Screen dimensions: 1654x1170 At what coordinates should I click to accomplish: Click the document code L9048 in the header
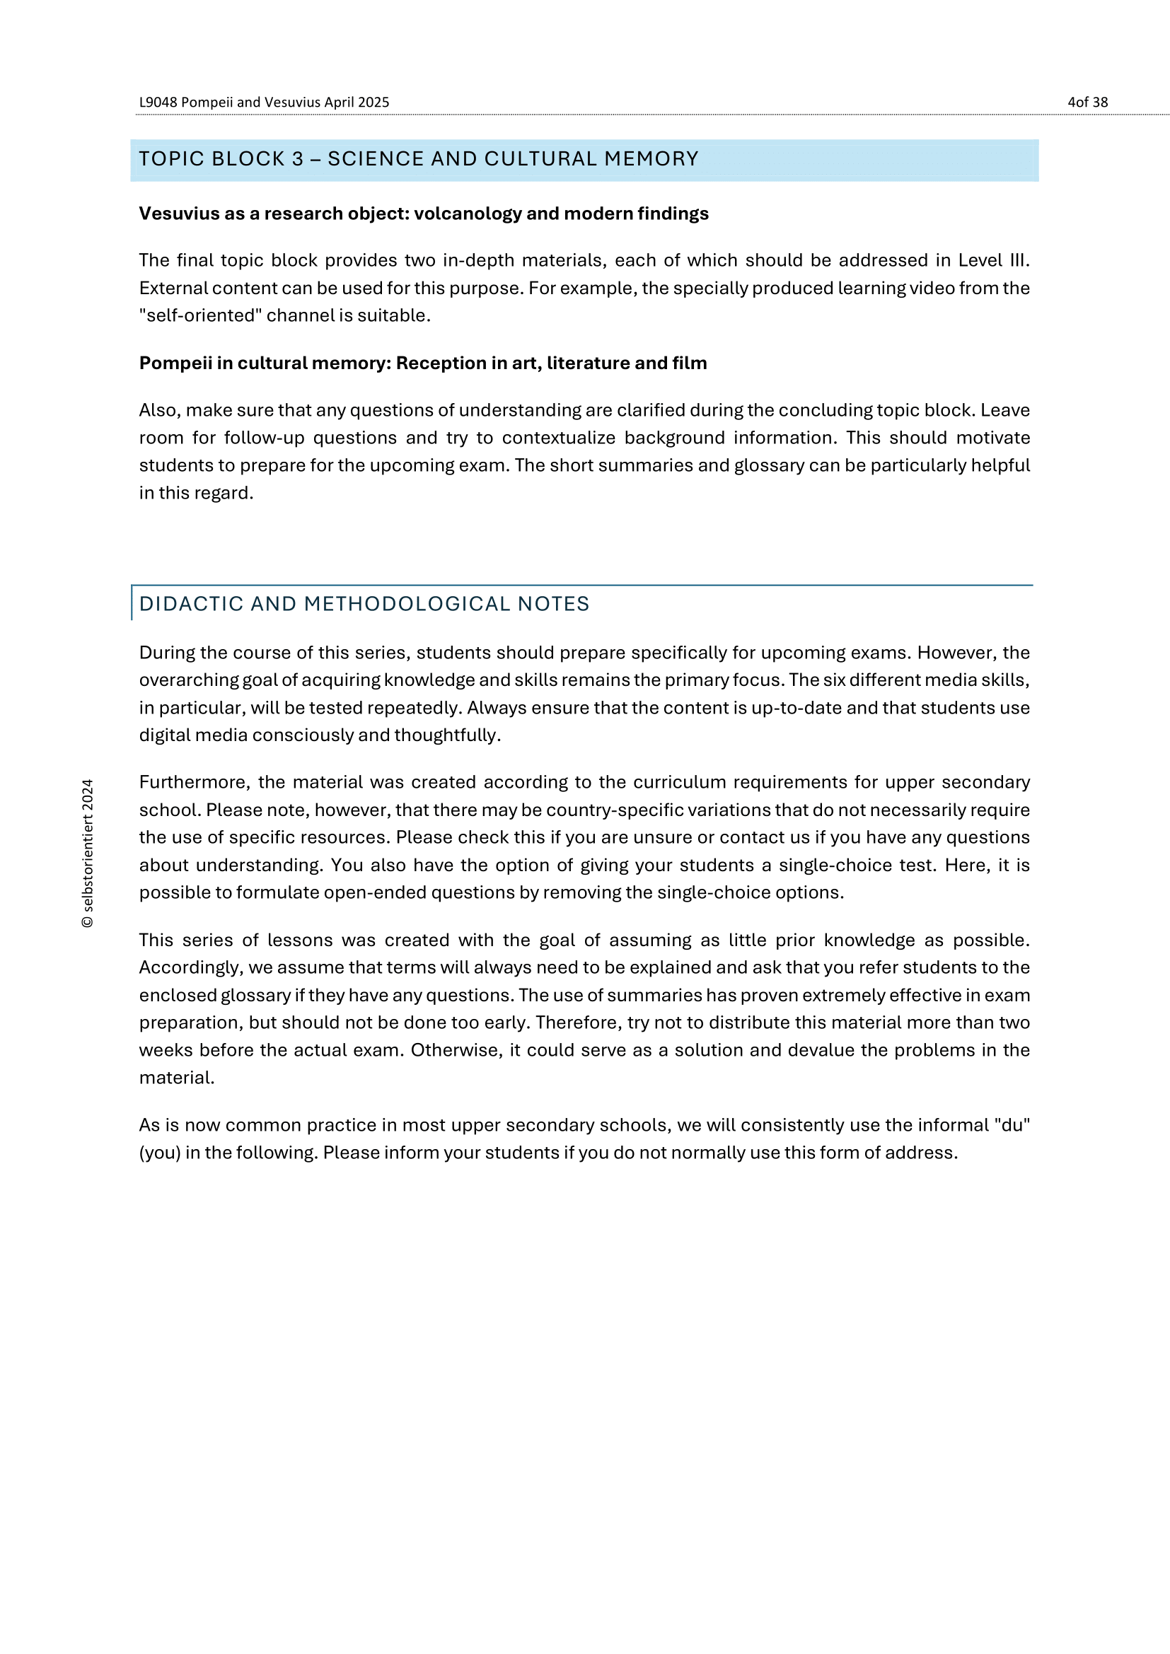tap(158, 103)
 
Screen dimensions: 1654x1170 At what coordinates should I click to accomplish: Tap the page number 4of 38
tap(1087, 103)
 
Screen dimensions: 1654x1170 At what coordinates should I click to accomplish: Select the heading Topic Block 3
tap(418, 159)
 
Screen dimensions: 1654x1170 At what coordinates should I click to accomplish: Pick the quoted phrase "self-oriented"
tap(197, 315)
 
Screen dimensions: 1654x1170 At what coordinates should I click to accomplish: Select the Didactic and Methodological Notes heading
tap(364, 604)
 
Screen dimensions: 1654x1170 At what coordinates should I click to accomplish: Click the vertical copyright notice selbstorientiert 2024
tap(88, 854)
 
